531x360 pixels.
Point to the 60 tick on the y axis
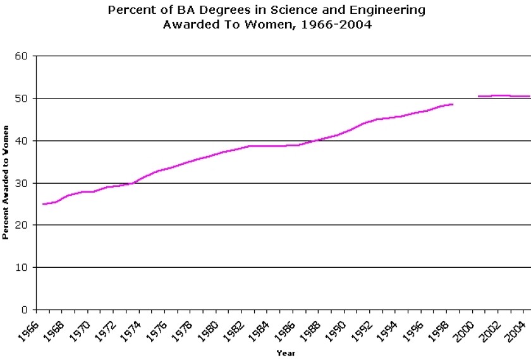tap(23, 56)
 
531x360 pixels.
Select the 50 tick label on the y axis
tap(23, 99)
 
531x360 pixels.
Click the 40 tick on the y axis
tap(23, 141)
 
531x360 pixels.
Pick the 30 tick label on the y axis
tap(23, 183)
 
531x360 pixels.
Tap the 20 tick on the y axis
tap(23, 225)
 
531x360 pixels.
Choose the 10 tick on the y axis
tap(23, 268)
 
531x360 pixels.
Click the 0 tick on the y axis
tap(26, 310)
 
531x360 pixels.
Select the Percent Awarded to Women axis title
tap(6, 183)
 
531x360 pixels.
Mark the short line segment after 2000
tap(503, 96)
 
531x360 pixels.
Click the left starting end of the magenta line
tap(43, 204)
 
